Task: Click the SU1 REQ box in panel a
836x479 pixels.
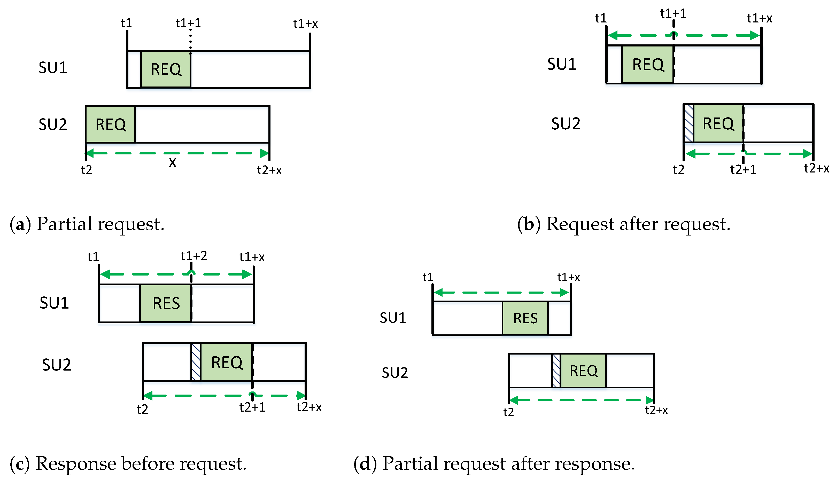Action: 166,69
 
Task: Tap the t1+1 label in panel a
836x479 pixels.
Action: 188,23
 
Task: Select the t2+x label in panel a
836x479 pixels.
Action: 269,170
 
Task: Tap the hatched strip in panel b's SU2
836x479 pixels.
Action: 688,123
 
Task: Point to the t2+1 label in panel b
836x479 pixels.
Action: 743,170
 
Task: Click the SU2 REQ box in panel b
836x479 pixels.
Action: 718,124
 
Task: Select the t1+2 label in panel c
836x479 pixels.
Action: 194,256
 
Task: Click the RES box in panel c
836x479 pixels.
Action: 166,303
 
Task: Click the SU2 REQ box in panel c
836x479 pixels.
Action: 227,362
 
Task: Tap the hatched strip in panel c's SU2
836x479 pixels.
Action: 196,362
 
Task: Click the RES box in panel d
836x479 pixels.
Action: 525,318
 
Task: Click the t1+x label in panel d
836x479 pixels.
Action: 568,277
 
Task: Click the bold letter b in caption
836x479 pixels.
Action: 529,224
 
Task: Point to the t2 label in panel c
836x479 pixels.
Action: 142,409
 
